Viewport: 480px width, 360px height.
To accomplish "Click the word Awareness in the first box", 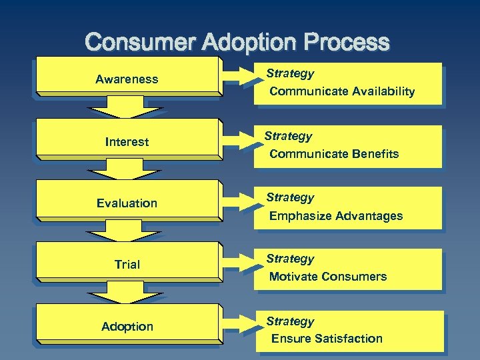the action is [127, 79].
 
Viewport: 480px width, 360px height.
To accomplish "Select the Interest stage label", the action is [127, 142].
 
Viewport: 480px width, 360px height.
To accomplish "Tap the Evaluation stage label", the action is [127, 203].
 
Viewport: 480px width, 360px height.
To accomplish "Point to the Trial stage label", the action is [127, 265].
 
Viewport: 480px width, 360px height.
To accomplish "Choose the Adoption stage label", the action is [127, 327].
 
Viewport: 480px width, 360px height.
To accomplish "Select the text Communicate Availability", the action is [342, 91].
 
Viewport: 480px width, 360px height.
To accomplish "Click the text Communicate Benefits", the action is [334, 154].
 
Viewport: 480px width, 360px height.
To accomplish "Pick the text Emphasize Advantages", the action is [336, 216].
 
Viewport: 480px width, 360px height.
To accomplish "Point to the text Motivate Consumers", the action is [328, 277].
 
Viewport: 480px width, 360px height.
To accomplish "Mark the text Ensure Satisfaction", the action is [327, 339].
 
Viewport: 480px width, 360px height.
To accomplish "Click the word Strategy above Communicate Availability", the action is [290, 73].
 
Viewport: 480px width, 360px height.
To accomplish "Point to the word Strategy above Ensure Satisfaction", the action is [290, 321].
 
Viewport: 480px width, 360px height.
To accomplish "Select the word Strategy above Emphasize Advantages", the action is [290, 197].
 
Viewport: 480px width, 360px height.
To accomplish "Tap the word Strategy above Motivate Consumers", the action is [290, 259].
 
